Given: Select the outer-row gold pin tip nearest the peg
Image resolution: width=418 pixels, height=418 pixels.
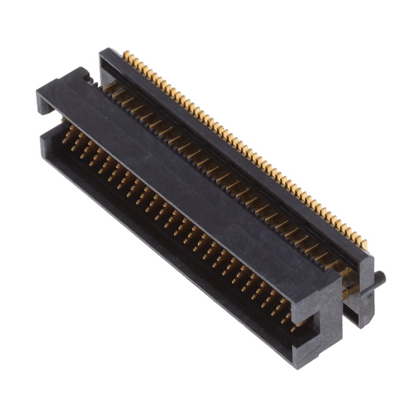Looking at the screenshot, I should coord(363,245).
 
